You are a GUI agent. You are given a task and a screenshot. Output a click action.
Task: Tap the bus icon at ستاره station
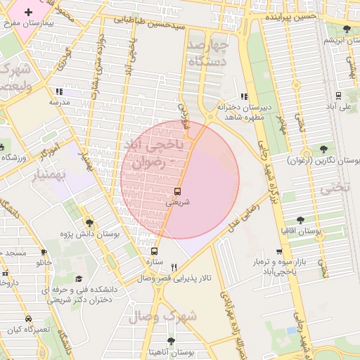click(155, 251)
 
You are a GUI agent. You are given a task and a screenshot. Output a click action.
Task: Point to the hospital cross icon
click(28, 13)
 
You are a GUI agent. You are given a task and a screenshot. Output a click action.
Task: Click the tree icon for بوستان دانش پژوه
click(89, 223)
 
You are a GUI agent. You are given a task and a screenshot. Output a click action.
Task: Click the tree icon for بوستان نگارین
click(323, 149)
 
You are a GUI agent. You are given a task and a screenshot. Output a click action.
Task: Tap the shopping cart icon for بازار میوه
click(280, 252)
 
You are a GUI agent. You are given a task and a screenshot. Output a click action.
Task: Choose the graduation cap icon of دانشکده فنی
click(78, 278)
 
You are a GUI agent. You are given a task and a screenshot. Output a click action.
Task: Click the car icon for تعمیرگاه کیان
click(27, 319)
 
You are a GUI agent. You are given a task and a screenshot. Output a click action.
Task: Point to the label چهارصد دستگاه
click(210, 53)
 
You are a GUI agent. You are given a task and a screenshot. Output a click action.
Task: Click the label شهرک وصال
click(163, 317)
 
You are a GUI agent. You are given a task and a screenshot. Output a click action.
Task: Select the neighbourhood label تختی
click(334, 188)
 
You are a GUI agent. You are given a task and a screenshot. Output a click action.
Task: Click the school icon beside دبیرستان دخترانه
click(244, 96)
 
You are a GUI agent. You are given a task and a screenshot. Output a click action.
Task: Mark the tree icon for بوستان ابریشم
click(347, 29)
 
